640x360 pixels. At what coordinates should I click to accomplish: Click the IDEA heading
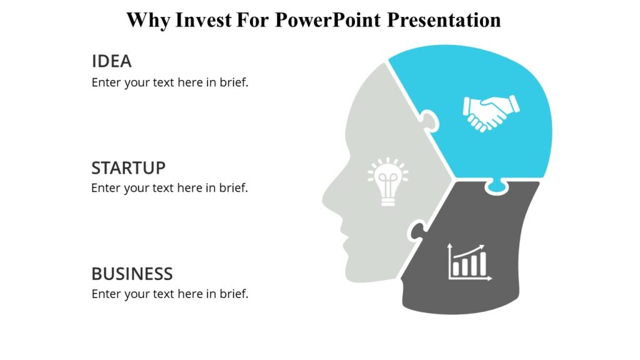pyautogui.click(x=111, y=61)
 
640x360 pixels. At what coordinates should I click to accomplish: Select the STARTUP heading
pyautogui.click(x=128, y=167)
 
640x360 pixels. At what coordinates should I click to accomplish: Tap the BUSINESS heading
pyautogui.click(x=132, y=274)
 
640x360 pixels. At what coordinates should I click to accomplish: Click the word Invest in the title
pyautogui.click(x=203, y=19)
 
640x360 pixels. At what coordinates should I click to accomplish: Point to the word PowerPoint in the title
pyautogui.click(x=327, y=19)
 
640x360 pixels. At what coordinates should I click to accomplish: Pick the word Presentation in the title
pyautogui.click(x=444, y=19)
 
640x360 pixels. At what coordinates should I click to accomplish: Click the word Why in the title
pyautogui.click(x=147, y=21)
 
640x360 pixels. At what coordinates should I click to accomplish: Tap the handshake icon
pyautogui.click(x=491, y=113)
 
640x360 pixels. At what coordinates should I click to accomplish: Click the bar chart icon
pyautogui.click(x=470, y=262)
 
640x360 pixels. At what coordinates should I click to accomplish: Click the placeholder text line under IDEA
pyautogui.click(x=170, y=82)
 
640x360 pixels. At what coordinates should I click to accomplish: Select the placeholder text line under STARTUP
pyautogui.click(x=169, y=188)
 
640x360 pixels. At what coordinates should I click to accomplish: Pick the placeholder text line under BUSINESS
pyautogui.click(x=170, y=294)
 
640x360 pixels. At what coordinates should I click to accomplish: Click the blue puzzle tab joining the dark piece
pyautogui.click(x=496, y=186)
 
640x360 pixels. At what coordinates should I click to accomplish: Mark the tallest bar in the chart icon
pyautogui.click(x=482, y=264)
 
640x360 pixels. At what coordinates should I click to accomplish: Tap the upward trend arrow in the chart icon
pyautogui.click(x=468, y=251)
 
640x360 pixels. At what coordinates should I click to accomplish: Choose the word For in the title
pyautogui.click(x=252, y=19)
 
